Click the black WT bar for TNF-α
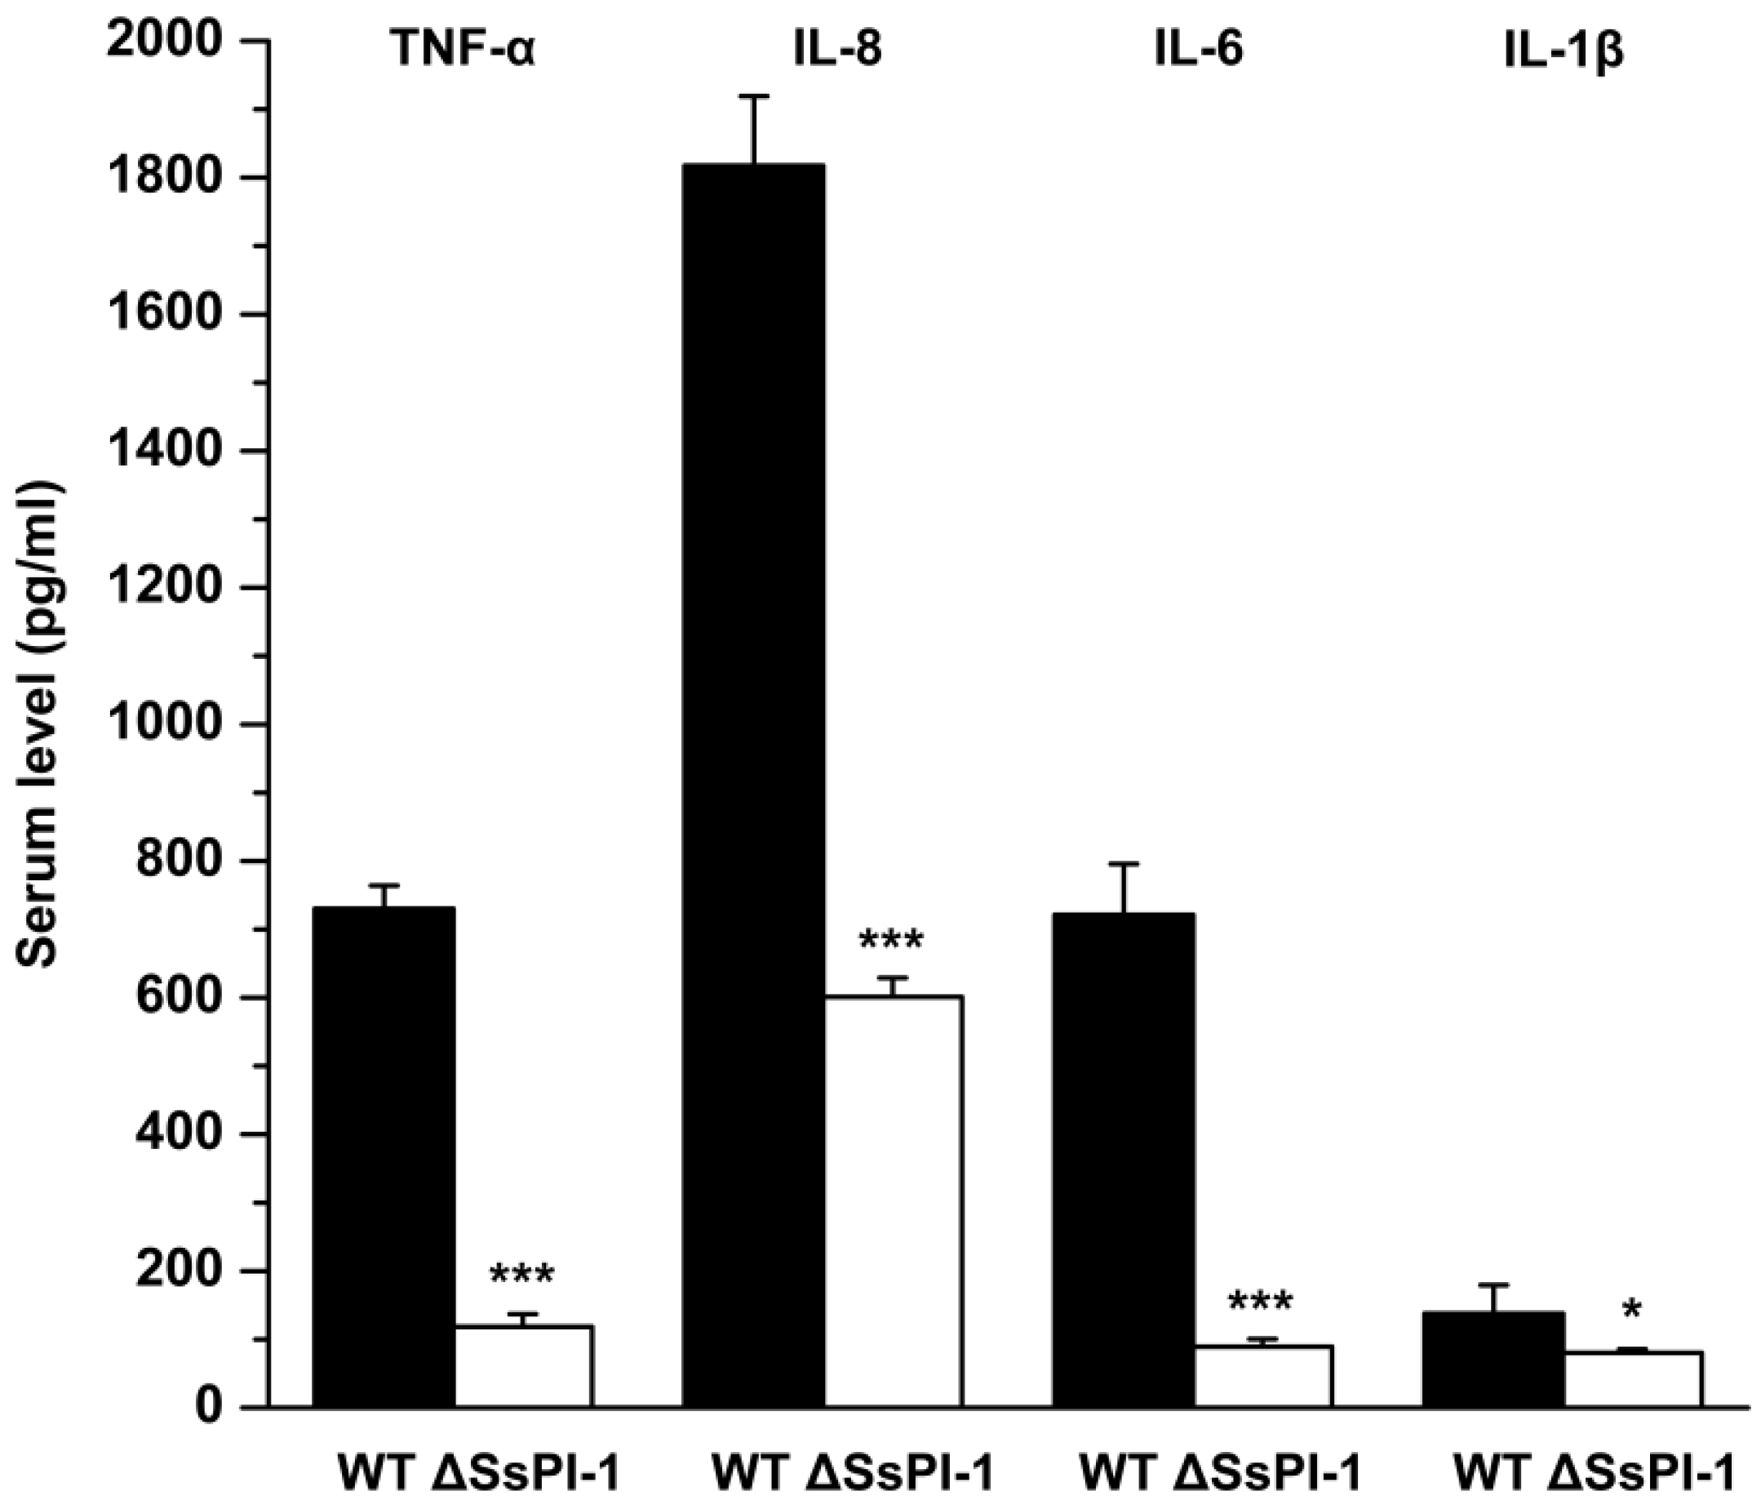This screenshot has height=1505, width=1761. (384, 1156)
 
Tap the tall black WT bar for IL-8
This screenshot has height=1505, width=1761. (754, 782)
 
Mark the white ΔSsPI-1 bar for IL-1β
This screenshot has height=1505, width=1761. (1633, 1378)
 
